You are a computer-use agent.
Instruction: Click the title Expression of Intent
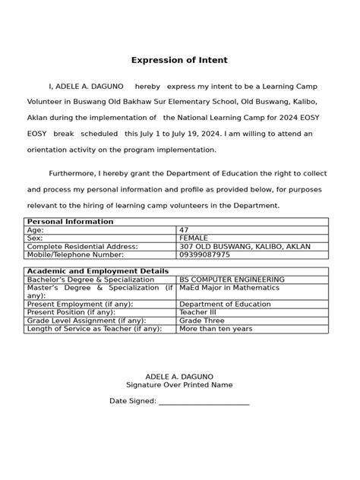[179, 60]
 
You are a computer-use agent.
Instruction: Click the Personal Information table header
[70, 222]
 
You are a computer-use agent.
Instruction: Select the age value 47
[185, 229]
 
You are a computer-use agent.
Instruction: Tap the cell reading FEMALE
[194, 238]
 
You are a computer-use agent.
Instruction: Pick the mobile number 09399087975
[206, 254]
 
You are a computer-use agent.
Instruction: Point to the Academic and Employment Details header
[97, 271]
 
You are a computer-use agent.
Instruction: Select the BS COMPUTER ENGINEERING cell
[232, 279]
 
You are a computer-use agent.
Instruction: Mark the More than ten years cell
[216, 329]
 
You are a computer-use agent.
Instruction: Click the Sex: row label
[36, 238]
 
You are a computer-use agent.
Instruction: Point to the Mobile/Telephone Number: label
[75, 254]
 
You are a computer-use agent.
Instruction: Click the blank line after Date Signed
[204, 401]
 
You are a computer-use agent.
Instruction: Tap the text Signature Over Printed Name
[179, 385]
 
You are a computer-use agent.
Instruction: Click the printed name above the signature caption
[179, 377]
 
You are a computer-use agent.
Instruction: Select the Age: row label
[36, 229]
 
